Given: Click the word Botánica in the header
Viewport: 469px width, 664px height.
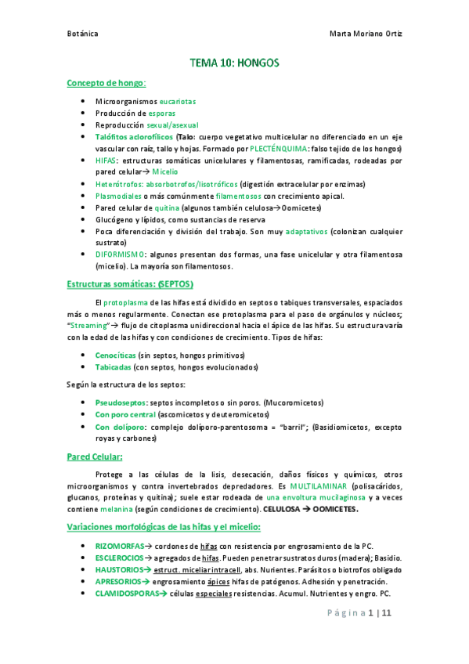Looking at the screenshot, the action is [x=82, y=34].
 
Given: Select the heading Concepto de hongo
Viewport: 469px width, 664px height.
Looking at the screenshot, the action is [x=106, y=83].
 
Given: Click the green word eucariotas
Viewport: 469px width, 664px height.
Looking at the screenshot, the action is [x=178, y=102].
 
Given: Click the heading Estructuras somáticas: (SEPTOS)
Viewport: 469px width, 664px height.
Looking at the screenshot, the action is [x=130, y=284].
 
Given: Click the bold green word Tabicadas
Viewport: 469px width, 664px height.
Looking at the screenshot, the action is [x=113, y=366].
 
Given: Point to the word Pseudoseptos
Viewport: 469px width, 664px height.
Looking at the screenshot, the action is [x=121, y=402].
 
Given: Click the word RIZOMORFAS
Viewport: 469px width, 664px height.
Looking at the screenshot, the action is [x=121, y=544].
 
